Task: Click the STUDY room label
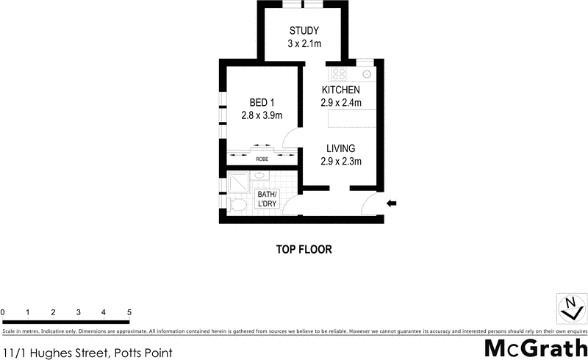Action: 304,31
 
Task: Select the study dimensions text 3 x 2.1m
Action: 304,44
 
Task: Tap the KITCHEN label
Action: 340,90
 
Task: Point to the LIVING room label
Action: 341,148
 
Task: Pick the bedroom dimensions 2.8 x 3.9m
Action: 262,115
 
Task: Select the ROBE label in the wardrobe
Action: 262,159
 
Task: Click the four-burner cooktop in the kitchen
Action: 339,73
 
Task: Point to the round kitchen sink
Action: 365,73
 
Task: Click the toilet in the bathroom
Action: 237,204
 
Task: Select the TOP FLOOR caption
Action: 304,250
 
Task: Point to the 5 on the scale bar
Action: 129,313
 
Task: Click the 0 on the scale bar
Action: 3,313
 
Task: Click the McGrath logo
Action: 536,348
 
